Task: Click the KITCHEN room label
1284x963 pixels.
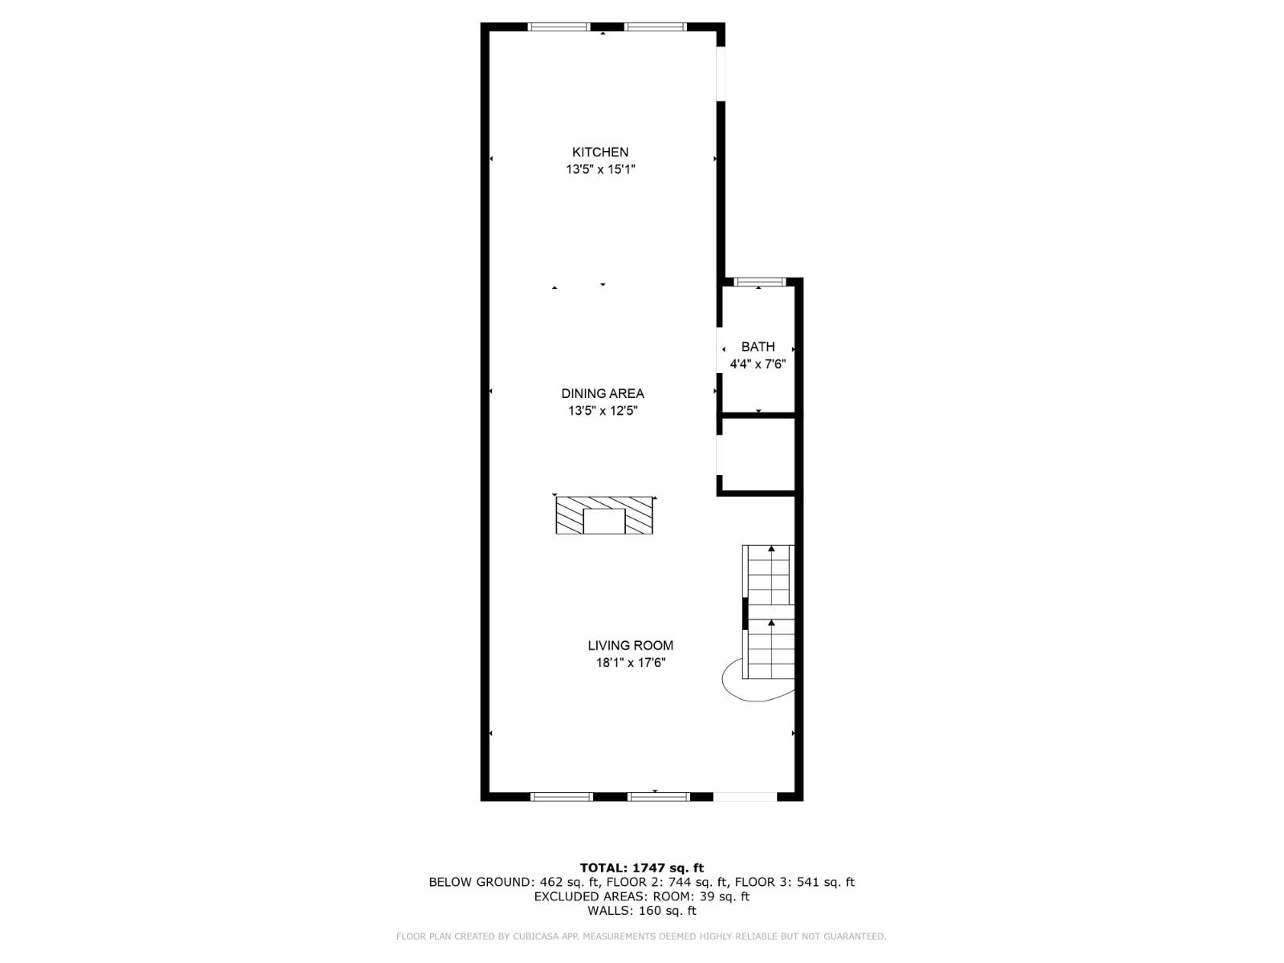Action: [x=599, y=152]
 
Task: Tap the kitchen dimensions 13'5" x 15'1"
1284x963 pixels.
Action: [x=600, y=169]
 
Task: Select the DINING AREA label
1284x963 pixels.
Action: [x=602, y=393]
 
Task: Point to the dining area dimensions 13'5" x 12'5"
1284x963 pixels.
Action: [x=602, y=411]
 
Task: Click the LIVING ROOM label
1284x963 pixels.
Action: [x=630, y=645]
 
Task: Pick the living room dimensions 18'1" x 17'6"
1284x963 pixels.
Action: [x=630, y=663]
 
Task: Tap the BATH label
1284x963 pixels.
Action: [x=758, y=347]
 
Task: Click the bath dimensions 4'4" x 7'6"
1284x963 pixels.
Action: [x=758, y=364]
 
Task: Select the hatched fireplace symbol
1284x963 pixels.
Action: [x=603, y=515]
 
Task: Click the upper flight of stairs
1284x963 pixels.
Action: [x=769, y=574]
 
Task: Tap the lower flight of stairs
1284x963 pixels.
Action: [x=770, y=648]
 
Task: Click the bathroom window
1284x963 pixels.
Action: [x=759, y=282]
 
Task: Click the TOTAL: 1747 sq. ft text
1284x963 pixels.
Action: [x=641, y=868]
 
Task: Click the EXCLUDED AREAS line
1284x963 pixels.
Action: [x=641, y=896]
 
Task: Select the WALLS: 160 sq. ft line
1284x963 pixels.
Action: [x=641, y=911]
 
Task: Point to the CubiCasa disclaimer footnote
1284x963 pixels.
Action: [x=641, y=937]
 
